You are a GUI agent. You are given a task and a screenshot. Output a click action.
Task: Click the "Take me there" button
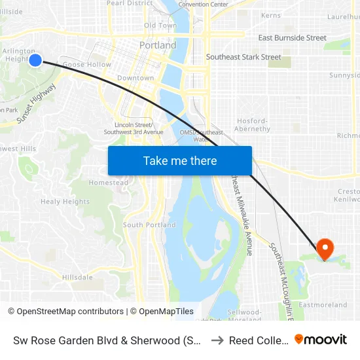coord(180,160)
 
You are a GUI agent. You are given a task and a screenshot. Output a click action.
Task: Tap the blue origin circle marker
coord(35,60)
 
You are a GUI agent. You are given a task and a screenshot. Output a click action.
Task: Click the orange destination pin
coord(324,249)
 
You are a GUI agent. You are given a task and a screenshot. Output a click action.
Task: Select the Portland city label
coord(158,46)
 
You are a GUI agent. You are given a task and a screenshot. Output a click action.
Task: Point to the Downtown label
coord(135,78)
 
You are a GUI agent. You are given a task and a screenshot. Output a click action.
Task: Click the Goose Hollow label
coord(86,65)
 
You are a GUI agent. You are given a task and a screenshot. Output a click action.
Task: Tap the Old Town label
coord(160,26)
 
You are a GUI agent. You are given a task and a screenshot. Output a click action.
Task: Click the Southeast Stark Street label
coord(243,57)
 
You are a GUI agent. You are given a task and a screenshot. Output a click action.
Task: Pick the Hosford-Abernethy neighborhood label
coord(252,125)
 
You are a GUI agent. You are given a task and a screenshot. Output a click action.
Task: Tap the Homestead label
coord(109,183)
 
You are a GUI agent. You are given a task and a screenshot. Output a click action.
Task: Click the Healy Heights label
coord(65,202)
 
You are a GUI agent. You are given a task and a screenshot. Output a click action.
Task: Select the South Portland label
coord(149,225)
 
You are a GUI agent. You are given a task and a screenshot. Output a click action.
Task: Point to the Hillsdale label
coord(77,278)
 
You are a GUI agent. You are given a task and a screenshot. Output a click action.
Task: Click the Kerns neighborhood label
coord(270,15)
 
